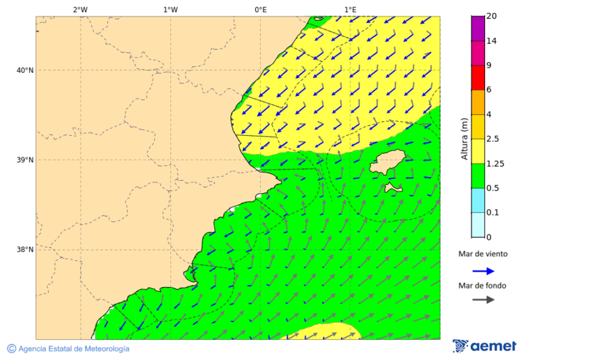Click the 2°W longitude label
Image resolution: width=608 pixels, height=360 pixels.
point(80,9)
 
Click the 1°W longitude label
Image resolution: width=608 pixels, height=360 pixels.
point(170,9)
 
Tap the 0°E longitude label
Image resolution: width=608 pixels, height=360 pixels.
point(260,9)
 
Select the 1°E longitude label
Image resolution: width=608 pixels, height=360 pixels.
point(350,9)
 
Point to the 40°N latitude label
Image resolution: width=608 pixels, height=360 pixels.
point(25,70)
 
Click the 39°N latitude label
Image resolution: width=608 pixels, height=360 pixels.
point(25,160)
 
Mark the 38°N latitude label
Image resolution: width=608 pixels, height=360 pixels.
point(25,250)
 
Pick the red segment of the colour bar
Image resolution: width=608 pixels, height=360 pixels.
point(478,77)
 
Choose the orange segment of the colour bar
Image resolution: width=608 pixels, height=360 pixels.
point(478,102)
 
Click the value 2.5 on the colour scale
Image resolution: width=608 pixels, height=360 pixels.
point(493,139)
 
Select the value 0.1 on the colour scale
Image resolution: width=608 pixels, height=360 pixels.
point(493,213)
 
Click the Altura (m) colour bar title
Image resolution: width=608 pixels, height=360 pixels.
point(464,138)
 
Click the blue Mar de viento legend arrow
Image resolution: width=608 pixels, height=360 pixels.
point(483,271)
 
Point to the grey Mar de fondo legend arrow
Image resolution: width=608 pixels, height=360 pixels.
point(483,300)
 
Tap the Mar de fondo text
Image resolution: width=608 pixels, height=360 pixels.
point(482,286)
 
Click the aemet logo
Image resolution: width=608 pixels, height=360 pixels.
point(484,346)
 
